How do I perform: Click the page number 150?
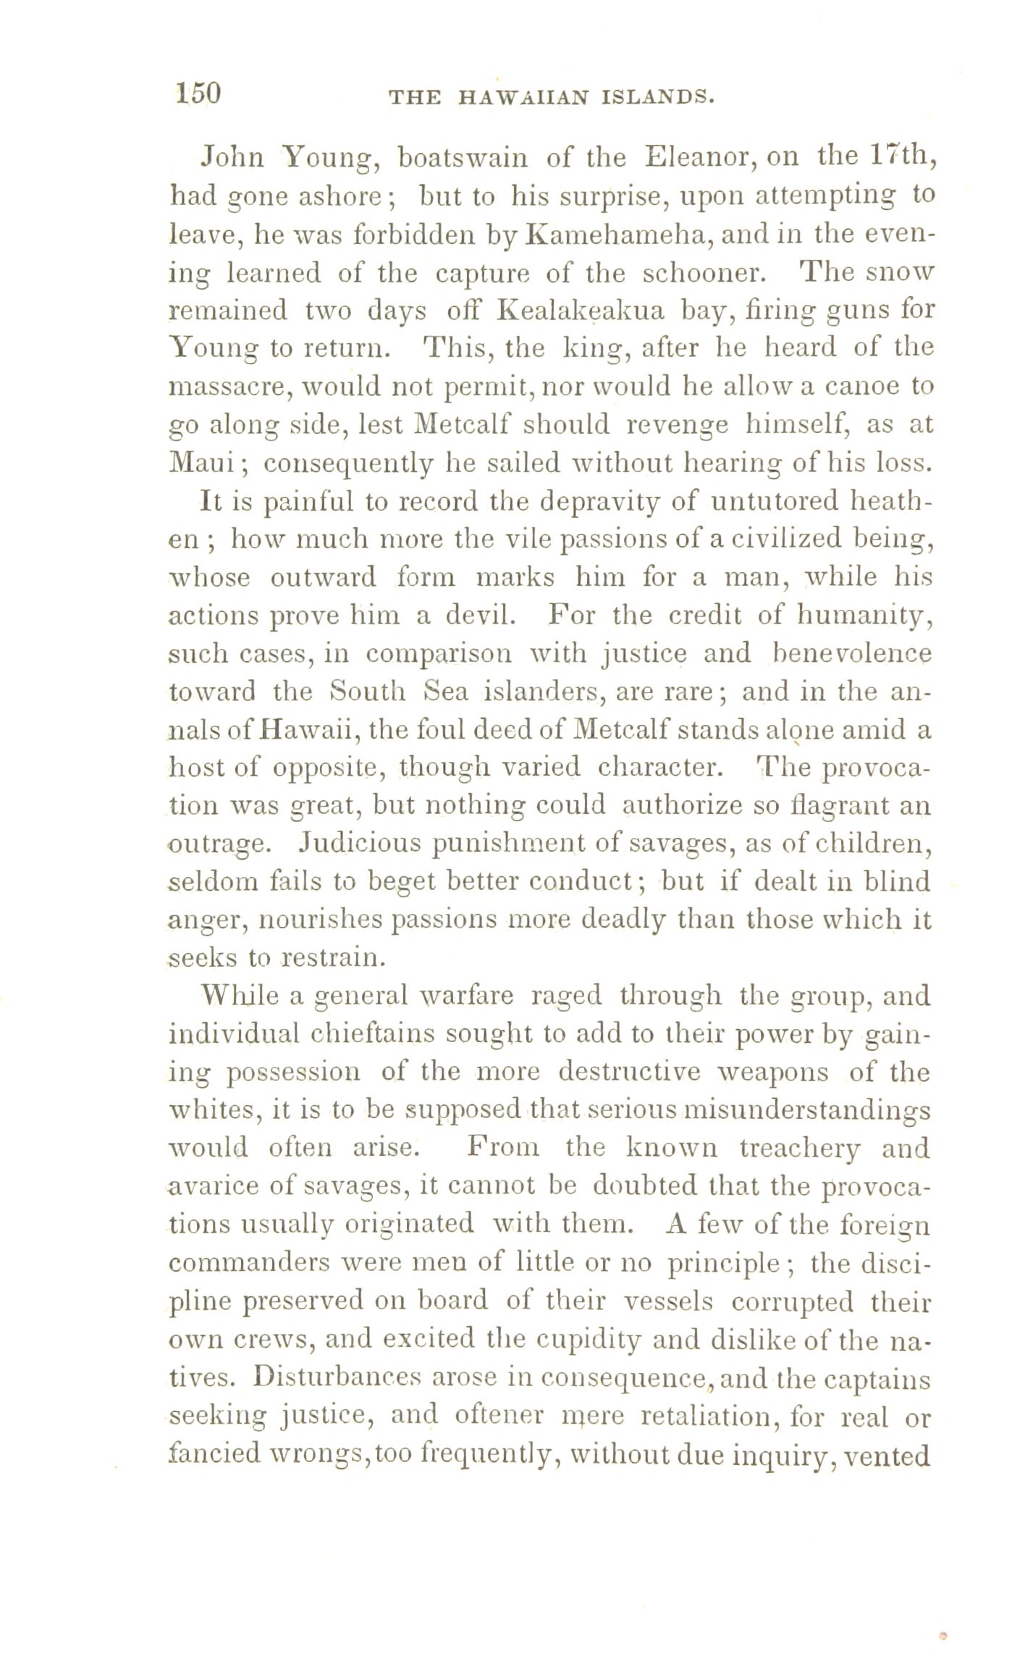[197, 94]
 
